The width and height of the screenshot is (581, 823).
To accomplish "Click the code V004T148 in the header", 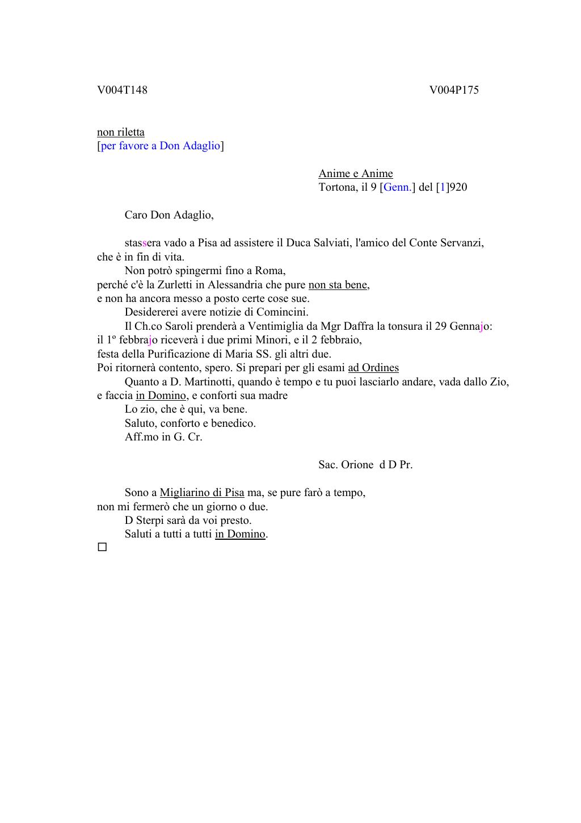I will pyautogui.click(x=122, y=90).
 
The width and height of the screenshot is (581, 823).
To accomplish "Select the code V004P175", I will pyautogui.click(x=454, y=90).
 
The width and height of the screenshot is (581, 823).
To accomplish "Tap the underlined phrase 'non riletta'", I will pyautogui.click(x=121, y=132).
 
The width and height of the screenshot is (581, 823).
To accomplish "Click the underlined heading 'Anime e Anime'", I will pyautogui.click(x=356, y=174).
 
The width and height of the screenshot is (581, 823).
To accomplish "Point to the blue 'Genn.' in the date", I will pyautogui.click(x=398, y=187).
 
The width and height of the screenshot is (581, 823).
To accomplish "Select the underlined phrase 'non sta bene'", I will pyautogui.click(x=338, y=284).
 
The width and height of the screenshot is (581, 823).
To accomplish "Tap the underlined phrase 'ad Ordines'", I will pyautogui.click(x=373, y=368).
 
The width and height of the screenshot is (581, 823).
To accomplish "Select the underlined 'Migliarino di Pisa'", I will pyautogui.click(x=202, y=493).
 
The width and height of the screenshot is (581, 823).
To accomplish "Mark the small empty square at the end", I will pyautogui.click(x=102, y=548).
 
